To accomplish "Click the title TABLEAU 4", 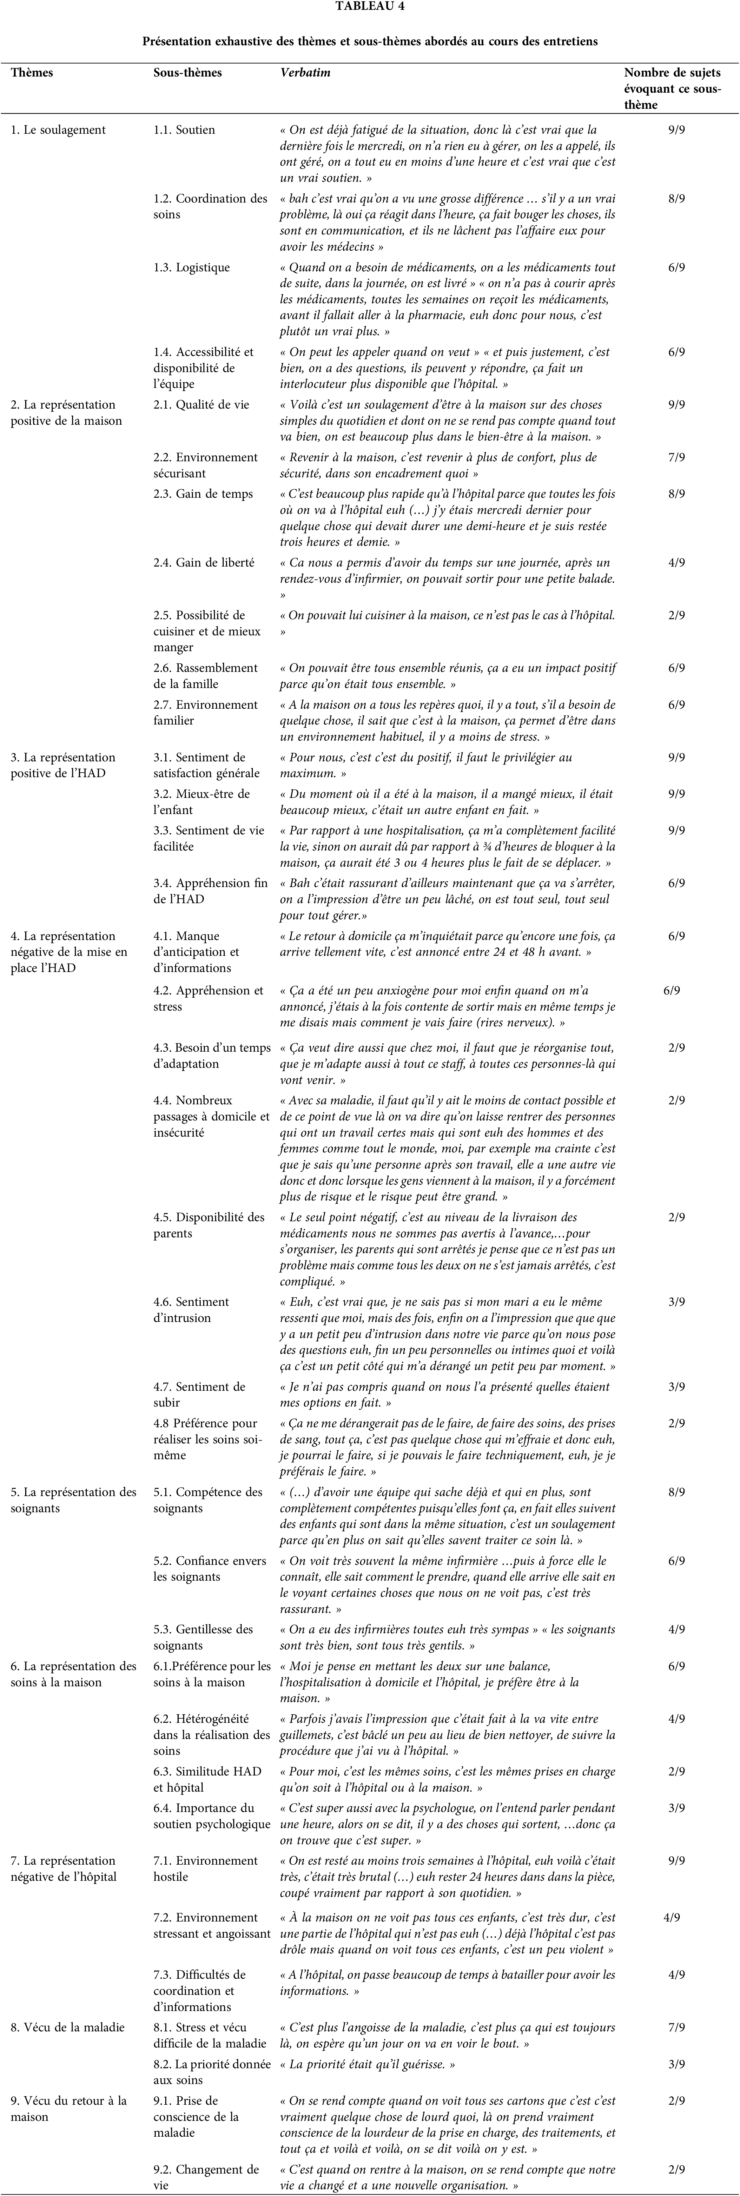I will pyautogui.click(x=369, y=7).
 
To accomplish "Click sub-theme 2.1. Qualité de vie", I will pyautogui.click(x=201, y=405).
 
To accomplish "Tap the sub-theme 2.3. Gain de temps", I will pyautogui.click(x=203, y=494).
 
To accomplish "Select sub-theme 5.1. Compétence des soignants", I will pyautogui.click(x=208, y=1500).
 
